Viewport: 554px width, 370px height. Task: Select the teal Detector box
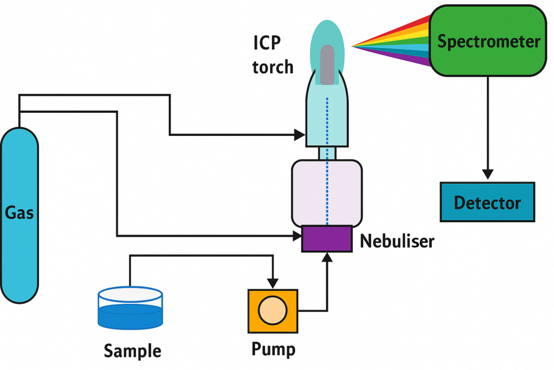[x=487, y=202]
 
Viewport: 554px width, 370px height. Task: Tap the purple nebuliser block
[x=324, y=238]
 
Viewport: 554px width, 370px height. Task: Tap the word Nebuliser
[x=397, y=241]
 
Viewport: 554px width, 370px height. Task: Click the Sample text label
[x=132, y=350]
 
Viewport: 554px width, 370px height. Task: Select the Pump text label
[x=273, y=349]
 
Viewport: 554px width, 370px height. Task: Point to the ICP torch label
[x=273, y=54]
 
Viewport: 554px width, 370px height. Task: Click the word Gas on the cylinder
[x=19, y=212]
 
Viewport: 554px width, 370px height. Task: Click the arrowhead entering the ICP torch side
[x=300, y=134]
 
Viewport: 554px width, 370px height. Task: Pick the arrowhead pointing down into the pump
[x=273, y=283]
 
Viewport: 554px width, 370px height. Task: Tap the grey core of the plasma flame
[x=327, y=64]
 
